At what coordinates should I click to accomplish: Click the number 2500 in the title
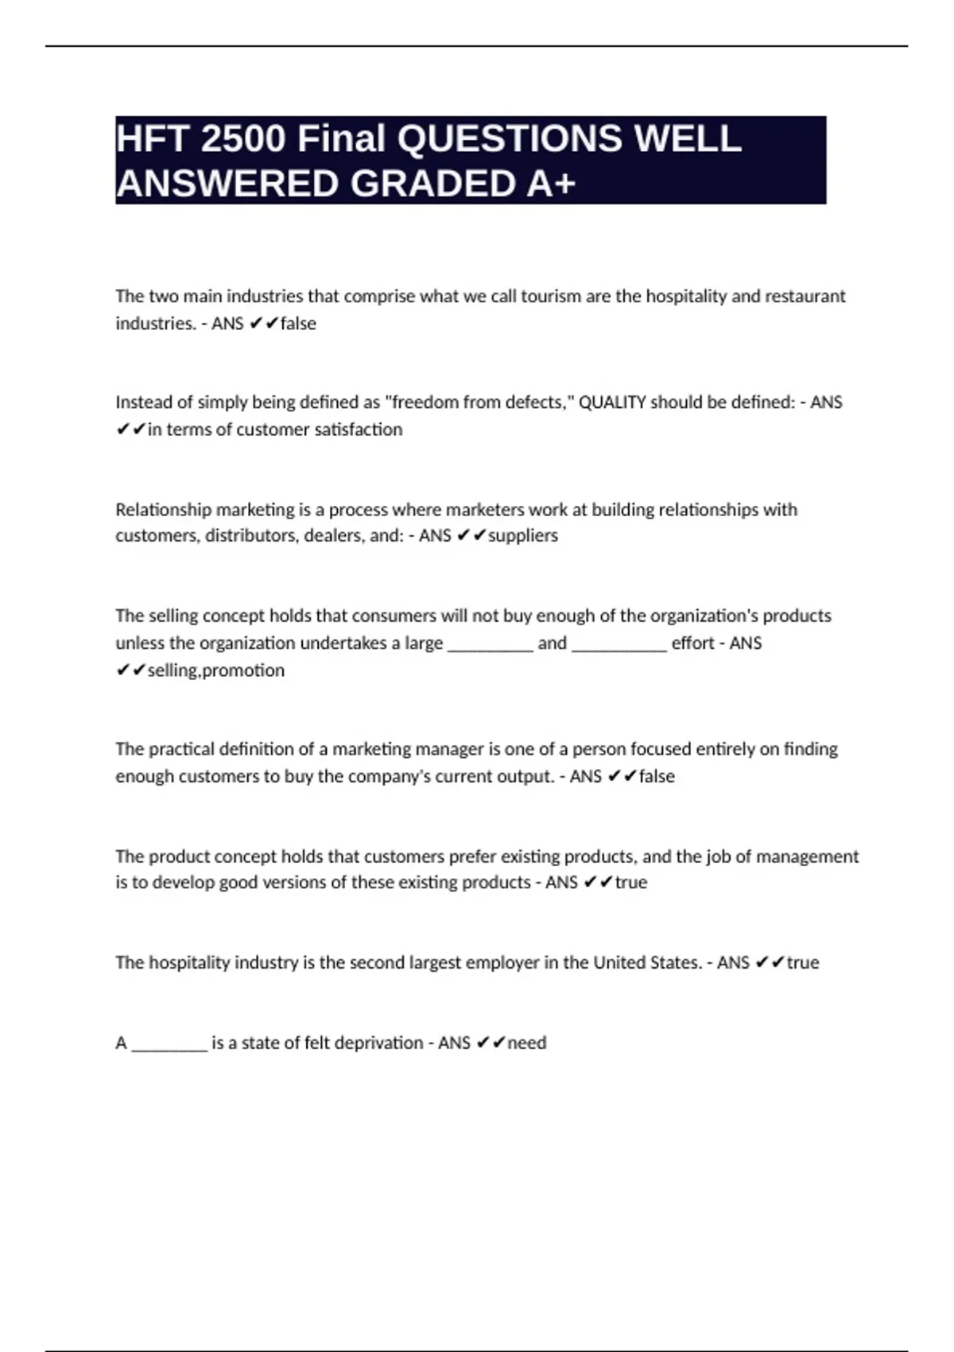pos(242,139)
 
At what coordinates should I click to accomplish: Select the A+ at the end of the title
pos(550,184)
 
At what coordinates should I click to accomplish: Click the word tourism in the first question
pos(551,296)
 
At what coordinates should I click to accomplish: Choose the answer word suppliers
pos(523,535)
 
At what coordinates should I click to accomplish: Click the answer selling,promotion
pos(215,670)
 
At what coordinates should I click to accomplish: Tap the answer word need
pos(527,1043)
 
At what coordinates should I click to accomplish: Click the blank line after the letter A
pos(169,1044)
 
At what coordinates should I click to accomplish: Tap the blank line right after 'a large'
pos(491,644)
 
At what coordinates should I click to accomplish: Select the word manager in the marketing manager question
pos(452,749)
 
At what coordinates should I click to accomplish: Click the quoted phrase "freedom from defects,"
pos(479,402)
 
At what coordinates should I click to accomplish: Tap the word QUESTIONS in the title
pos(509,139)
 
